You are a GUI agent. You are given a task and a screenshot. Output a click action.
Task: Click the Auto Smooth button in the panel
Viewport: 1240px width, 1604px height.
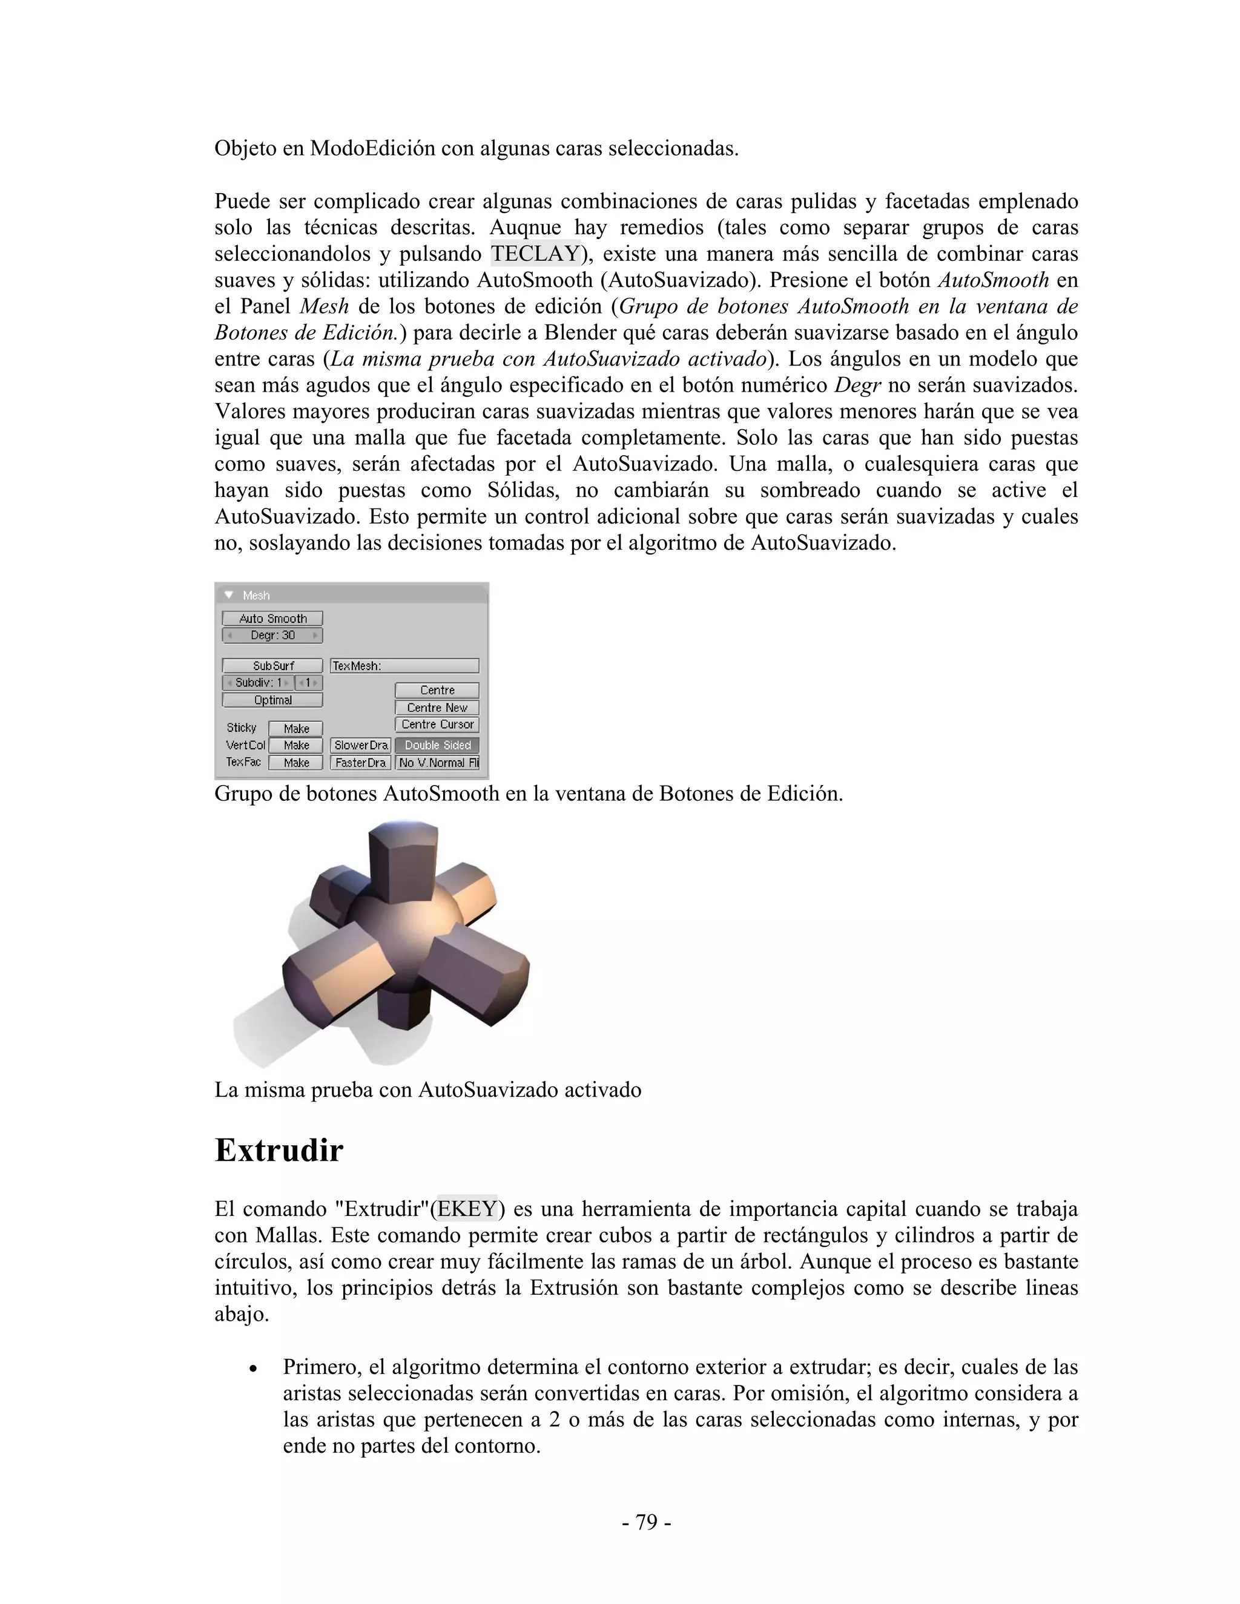point(272,619)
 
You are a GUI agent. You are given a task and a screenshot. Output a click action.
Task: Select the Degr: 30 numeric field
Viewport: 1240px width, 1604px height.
point(272,636)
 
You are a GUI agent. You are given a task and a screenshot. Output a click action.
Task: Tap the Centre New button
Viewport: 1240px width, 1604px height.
point(437,707)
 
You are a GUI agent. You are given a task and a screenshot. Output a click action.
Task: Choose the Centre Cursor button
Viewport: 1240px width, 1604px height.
point(437,724)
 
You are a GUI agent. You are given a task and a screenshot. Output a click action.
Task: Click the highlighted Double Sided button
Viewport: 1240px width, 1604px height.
point(437,744)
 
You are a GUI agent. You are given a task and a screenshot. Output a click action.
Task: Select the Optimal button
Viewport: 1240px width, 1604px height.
point(272,700)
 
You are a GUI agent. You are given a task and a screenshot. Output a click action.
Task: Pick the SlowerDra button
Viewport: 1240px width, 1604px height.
point(360,744)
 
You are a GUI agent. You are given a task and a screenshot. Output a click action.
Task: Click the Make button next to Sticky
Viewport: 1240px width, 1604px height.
point(296,729)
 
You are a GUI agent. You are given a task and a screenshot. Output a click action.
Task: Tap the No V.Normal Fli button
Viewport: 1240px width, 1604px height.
point(437,762)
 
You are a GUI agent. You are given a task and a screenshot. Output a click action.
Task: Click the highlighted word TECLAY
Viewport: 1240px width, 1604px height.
point(535,254)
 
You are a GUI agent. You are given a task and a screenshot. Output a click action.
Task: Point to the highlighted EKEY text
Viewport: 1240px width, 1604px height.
point(467,1208)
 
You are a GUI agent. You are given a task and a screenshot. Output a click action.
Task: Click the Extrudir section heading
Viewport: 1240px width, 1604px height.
point(279,1150)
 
